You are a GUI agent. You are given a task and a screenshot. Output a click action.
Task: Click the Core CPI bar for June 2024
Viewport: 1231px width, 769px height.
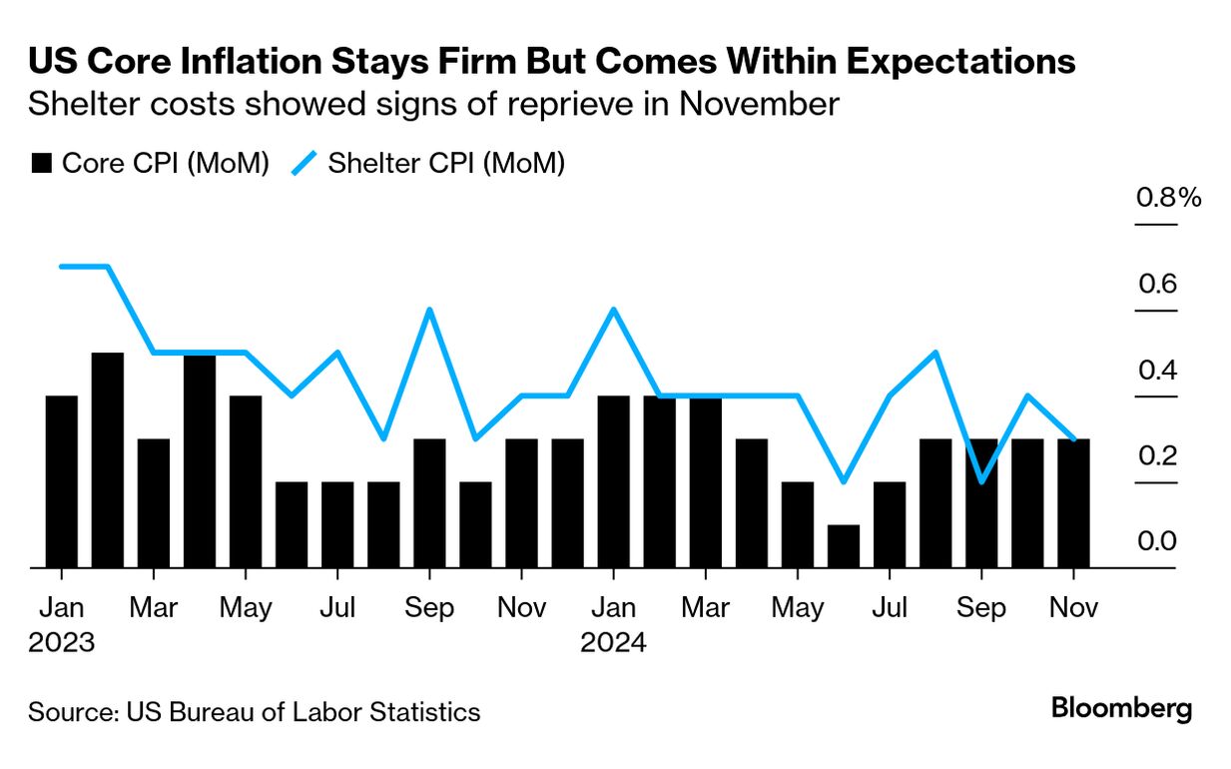click(844, 546)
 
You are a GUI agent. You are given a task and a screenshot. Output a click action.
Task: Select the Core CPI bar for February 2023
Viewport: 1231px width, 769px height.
click(108, 460)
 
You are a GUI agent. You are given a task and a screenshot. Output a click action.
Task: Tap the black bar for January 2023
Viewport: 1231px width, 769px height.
click(62, 482)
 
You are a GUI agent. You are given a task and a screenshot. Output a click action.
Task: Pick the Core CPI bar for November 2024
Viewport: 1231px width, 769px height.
click(1073, 503)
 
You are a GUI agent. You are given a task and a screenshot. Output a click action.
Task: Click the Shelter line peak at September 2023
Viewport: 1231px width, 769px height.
click(429, 310)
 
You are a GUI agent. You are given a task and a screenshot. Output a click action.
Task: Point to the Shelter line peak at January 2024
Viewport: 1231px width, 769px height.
click(613, 310)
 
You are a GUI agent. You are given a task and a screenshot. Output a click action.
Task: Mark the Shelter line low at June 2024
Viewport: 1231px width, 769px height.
click(844, 481)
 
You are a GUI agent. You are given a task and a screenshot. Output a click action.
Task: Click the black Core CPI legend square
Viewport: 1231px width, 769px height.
click(41, 164)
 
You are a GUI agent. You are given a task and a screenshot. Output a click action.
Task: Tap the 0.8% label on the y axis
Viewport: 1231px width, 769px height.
click(1169, 198)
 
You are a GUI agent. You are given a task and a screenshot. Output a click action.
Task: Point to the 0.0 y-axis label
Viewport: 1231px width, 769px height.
click(1157, 541)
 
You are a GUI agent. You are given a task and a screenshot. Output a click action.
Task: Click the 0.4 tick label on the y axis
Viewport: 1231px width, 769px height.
click(1157, 371)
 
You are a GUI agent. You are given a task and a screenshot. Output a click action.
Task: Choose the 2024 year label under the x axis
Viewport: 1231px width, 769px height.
click(614, 641)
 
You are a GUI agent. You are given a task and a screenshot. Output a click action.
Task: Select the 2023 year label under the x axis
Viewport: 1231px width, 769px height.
click(62, 641)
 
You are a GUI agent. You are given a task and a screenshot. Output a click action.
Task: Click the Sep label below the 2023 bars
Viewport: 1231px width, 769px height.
click(429, 608)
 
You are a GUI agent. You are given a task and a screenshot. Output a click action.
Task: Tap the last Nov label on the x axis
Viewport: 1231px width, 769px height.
click(1073, 608)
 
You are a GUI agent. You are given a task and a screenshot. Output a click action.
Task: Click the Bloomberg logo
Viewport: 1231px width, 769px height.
click(1122, 709)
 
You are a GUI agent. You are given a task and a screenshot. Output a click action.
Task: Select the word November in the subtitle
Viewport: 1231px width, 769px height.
click(758, 104)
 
